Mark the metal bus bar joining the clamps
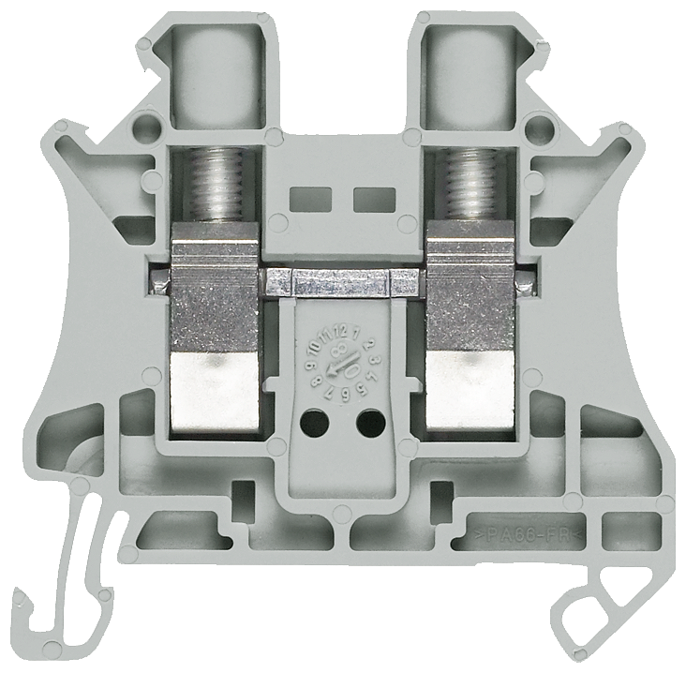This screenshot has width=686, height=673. point(342,280)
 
